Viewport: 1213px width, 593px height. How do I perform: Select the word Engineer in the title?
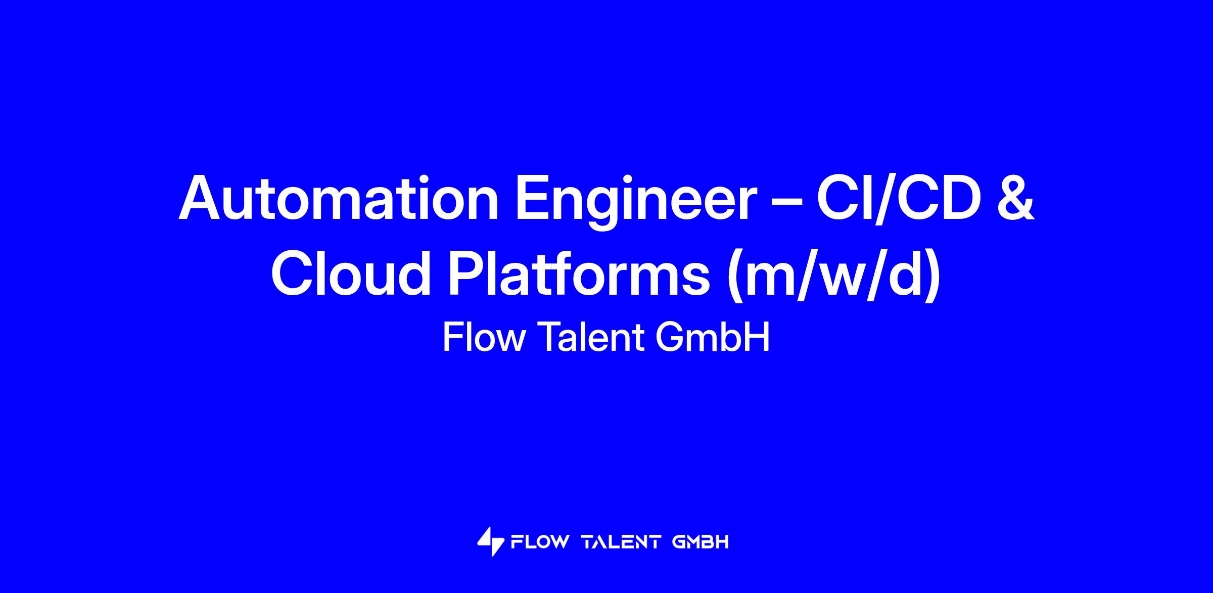click(634, 202)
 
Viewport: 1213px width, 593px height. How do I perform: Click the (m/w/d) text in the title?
click(834, 276)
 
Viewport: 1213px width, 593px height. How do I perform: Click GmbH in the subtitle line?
click(713, 337)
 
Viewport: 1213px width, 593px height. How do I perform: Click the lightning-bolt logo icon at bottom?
click(491, 542)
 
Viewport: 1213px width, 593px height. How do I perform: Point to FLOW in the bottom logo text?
click(540, 542)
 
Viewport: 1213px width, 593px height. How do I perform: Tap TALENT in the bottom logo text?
click(622, 542)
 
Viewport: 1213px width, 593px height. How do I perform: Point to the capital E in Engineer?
click(533, 198)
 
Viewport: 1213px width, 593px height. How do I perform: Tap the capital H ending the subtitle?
click(757, 337)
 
